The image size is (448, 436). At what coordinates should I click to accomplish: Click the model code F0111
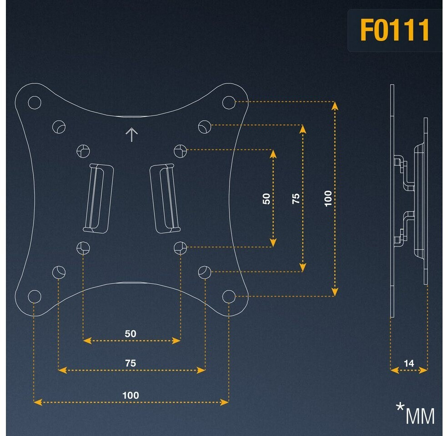coord(394,31)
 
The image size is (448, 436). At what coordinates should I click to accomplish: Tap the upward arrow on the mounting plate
coord(132,134)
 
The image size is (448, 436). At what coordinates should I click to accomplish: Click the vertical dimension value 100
coord(328,198)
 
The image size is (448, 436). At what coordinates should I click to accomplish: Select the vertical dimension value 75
coord(296,198)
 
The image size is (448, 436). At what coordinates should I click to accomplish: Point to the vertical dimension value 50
coord(267,198)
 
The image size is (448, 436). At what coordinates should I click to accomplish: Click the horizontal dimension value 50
coord(131,333)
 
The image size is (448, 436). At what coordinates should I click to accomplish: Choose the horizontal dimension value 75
coord(131,363)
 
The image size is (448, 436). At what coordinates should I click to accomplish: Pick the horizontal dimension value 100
coord(131,395)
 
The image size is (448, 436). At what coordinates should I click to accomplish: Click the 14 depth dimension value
coord(409,363)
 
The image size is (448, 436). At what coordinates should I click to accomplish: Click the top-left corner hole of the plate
coord(35,102)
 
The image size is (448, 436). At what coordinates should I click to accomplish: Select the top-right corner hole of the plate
coord(229,102)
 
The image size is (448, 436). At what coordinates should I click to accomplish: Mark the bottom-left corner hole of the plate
coord(35,296)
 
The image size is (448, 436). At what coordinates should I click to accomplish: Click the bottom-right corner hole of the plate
coord(229,296)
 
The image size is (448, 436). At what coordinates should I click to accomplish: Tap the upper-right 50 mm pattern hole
coord(180,150)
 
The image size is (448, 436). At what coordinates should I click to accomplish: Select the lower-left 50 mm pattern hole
coord(83,247)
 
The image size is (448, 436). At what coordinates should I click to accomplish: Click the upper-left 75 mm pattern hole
coord(59,126)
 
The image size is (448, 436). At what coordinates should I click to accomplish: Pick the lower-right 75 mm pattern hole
coord(205,272)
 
